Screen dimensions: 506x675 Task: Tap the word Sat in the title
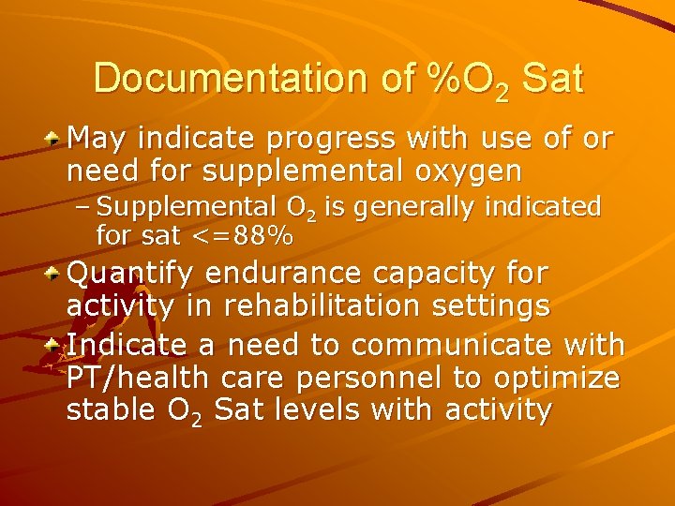[x=553, y=78]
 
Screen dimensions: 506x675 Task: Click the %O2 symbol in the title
[x=467, y=80]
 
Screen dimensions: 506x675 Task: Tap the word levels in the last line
[x=339, y=410]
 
